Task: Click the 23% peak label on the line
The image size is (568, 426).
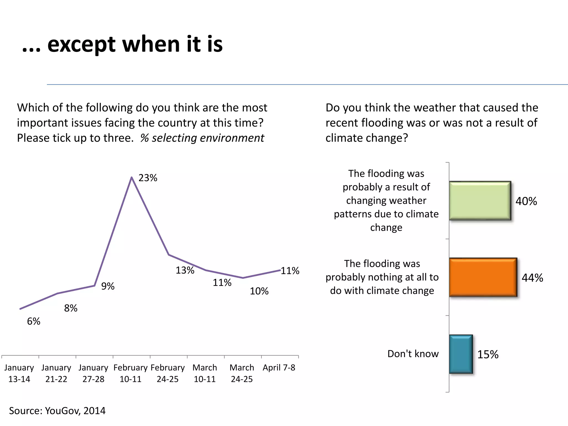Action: tap(148, 178)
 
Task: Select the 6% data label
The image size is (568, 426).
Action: tap(34, 321)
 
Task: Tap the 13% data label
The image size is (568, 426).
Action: tap(185, 270)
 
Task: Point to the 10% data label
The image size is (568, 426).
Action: tap(259, 291)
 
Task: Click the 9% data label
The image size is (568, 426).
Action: tap(108, 286)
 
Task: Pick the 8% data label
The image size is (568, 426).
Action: tap(71, 308)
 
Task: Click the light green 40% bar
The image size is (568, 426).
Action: tap(480, 201)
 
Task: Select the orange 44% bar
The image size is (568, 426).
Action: tap(483, 277)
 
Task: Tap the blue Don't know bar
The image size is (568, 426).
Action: tap(461, 354)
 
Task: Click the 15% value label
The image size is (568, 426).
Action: tap(488, 354)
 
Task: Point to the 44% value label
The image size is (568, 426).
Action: tap(532, 278)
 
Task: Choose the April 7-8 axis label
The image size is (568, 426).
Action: tap(279, 367)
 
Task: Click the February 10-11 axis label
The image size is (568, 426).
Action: tap(130, 373)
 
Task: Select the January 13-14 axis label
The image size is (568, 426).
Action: tap(19, 373)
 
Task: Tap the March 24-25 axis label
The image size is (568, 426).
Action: tap(242, 373)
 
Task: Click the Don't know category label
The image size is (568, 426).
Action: tap(413, 354)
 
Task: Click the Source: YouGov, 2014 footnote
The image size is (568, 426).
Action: tap(57, 410)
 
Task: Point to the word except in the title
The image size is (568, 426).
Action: tap(81, 44)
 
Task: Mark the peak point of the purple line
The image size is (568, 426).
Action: tap(132, 177)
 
